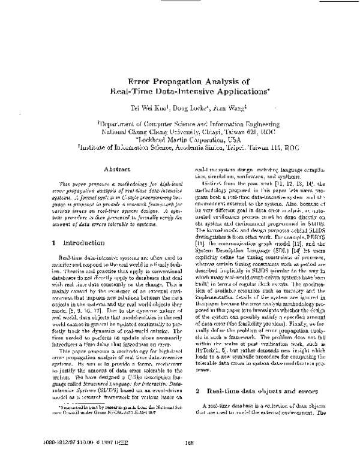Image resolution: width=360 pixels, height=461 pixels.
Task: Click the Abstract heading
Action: pyautogui.click(x=101, y=153)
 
